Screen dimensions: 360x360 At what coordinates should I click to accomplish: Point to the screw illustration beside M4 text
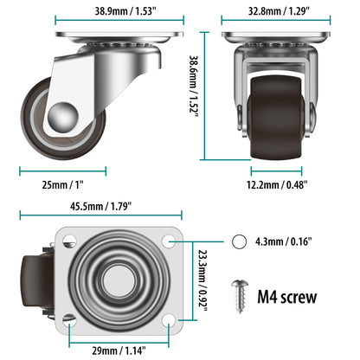241,293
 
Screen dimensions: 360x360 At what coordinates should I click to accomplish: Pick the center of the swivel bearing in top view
119,280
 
